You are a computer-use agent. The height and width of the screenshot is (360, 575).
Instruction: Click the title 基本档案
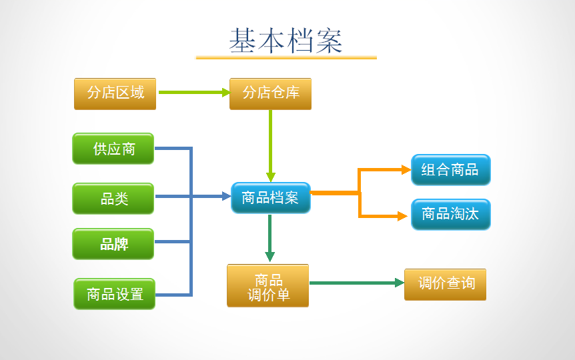point(285,41)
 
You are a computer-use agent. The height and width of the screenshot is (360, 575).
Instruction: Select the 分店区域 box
point(115,93)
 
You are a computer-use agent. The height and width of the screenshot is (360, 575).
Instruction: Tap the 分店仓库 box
point(270,93)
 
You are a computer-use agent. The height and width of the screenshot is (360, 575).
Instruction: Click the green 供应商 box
point(113,148)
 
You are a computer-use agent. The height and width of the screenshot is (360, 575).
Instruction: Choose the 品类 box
point(113,198)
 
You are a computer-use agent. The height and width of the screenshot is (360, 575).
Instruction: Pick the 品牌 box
point(113,244)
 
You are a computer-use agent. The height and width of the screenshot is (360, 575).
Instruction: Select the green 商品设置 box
point(114,294)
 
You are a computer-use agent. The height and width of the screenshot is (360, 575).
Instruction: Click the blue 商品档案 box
point(270,197)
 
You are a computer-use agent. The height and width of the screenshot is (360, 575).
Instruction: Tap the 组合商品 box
point(450,170)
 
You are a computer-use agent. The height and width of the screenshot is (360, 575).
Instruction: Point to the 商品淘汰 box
point(450,215)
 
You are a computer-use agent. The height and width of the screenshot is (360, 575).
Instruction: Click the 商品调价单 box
point(267,286)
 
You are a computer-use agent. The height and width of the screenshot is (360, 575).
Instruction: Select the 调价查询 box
point(445,284)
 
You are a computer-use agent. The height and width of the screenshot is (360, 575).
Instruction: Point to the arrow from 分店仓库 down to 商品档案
point(270,143)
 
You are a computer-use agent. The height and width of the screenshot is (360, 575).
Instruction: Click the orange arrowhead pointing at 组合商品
point(406,170)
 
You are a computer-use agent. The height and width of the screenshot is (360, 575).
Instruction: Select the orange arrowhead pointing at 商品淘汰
point(402,216)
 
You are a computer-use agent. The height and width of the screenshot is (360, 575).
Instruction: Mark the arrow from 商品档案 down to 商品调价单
point(269,237)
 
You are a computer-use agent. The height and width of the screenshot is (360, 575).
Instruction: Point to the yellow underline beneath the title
point(285,58)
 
